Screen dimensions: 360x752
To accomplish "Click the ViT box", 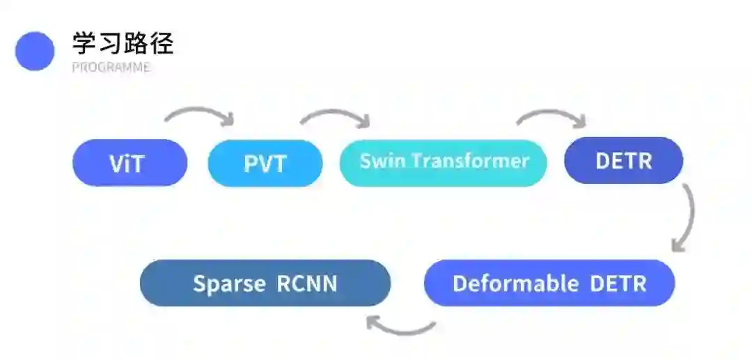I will (130, 163).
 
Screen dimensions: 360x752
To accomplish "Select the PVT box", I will (265, 164).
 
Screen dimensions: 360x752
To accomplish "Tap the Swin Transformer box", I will (444, 162).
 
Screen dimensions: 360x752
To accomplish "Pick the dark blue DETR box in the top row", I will (623, 161).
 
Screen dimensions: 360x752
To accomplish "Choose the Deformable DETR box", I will (549, 283).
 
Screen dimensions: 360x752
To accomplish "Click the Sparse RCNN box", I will (265, 283).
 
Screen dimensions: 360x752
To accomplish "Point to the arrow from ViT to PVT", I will (201, 114).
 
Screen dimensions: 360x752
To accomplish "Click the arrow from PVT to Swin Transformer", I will (336, 116).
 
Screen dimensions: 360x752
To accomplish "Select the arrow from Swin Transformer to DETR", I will (551, 116).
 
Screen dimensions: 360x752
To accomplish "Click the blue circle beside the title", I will (35, 51).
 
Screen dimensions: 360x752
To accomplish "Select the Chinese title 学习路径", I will (123, 44).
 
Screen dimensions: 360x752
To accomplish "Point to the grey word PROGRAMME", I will (111, 68).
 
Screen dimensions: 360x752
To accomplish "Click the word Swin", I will (382, 162).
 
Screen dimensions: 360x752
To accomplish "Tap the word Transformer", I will (470, 162).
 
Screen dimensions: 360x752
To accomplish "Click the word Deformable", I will (515, 283).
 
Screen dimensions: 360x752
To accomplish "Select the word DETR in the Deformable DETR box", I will (618, 283).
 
